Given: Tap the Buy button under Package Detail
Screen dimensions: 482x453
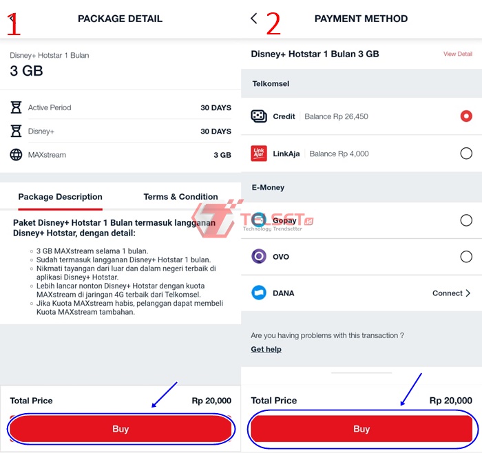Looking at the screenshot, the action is tap(120, 429).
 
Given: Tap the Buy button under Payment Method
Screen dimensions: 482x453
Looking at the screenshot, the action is tap(361, 429).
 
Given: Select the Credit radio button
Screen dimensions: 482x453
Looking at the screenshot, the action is tap(466, 116).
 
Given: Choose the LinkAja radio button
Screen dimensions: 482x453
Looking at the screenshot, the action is tap(466, 154).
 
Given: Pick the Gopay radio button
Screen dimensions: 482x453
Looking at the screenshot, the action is tap(466, 220).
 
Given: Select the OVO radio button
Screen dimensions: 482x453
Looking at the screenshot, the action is tap(466, 257).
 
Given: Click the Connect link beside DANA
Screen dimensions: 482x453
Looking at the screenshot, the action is tap(451, 293).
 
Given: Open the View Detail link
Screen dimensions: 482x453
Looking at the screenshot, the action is tap(458, 54).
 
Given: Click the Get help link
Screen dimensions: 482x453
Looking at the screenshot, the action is tap(266, 350).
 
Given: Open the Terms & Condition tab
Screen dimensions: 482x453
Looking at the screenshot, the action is tap(180, 197).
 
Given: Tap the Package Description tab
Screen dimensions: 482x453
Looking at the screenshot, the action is tap(61, 197).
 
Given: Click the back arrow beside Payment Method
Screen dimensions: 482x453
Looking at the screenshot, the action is tap(254, 19).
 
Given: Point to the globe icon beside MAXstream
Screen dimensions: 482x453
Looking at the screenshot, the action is tap(16, 155).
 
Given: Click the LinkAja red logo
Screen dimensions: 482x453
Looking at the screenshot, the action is tap(259, 154).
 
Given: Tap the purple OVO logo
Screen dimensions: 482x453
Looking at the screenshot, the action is tap(259, 256).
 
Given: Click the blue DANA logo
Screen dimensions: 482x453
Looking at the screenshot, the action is tap(259, 293).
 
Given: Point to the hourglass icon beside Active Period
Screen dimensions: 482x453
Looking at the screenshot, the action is tap(16, 107).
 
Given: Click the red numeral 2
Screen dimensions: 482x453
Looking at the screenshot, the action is tap(273, 23).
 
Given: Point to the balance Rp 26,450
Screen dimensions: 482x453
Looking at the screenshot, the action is tap(336, 116).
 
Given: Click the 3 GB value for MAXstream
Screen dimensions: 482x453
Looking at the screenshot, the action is tap(222, 155).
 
